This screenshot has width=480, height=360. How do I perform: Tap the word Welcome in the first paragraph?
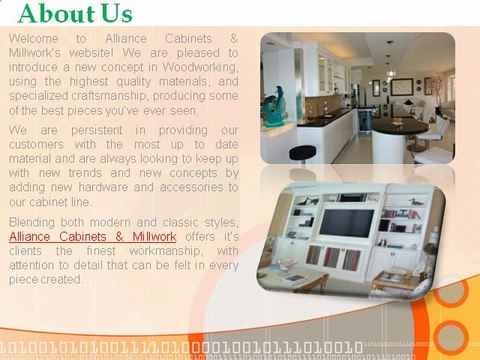35,37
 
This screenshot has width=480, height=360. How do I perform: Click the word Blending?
36,221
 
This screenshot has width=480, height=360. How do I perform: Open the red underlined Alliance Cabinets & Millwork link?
92,236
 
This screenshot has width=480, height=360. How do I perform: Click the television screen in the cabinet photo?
346,221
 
